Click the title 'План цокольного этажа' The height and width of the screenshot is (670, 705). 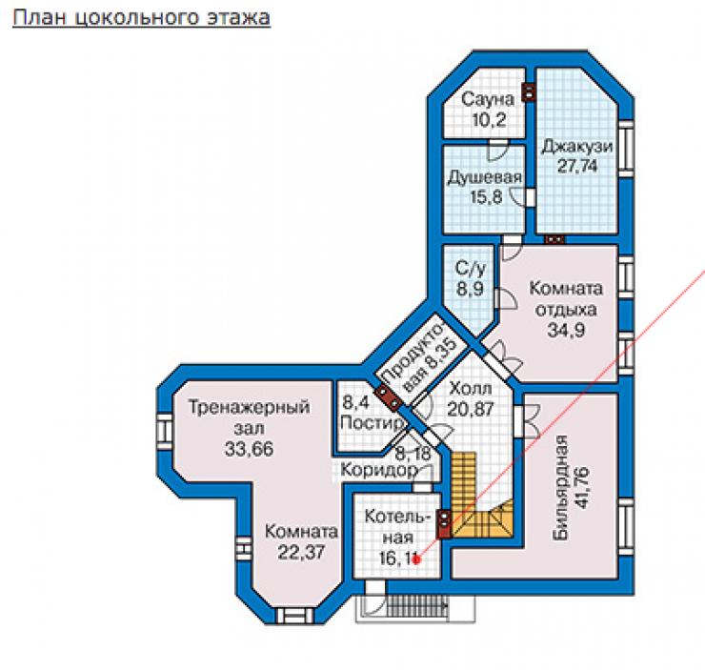tap(142, 17)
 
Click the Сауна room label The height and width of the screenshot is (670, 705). tap(488, 99)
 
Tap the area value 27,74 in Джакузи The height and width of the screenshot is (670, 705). tap(577, 166)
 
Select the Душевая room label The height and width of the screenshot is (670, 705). tap(485, 177)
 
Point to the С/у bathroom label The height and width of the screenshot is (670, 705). tap(471, 269)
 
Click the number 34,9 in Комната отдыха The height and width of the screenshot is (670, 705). tap(566, 330)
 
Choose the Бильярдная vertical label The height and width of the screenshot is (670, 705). tap(561, 487)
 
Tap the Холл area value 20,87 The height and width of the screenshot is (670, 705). tap(471, 409)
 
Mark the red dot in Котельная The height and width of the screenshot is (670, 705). tap(416, 559)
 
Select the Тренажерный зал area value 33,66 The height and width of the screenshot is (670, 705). tap(249, 449)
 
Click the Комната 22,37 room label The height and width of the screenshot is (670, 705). tap(301, 541)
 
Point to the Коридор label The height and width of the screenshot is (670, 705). tap(379, 471)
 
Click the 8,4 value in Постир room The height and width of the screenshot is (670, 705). tap(356, 402)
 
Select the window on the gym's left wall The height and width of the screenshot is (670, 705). tap(165, 431)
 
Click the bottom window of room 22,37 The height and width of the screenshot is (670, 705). tap(294, 615)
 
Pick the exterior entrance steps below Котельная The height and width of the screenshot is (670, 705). tap(415, 608)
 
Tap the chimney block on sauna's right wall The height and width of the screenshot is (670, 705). tap(529, 92)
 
